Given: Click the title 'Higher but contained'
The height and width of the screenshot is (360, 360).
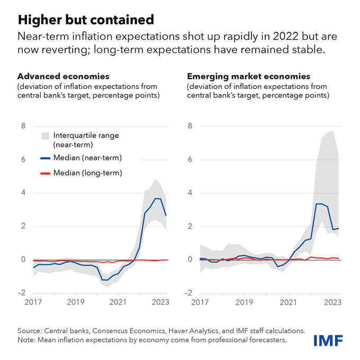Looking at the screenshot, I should click(x=86, y=20).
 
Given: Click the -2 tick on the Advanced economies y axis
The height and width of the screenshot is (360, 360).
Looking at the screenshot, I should click(x=22, y=293).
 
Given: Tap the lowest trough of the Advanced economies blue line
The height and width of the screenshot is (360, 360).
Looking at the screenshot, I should click(x=106, y=280).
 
